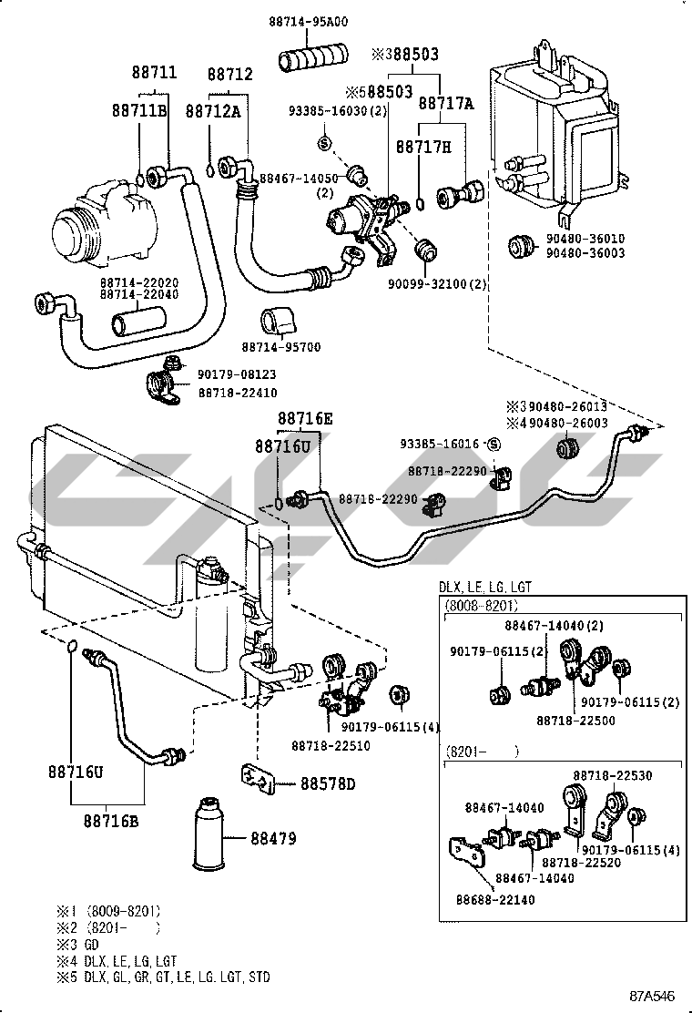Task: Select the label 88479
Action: coord(274,839)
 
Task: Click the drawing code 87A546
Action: coord(655,997)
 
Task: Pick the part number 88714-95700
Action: coord(280,347)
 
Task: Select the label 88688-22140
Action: coord(495,900)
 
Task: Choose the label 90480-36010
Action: coord(585,239)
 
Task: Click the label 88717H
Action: coord(422,146)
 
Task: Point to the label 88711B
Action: coord(139,110)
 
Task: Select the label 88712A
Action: coord(212,110)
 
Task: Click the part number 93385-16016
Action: coord(439,444)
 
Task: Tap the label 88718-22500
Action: coord(575,720)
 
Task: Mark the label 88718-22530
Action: coord(613,775)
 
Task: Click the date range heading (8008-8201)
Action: coord(483,605)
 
